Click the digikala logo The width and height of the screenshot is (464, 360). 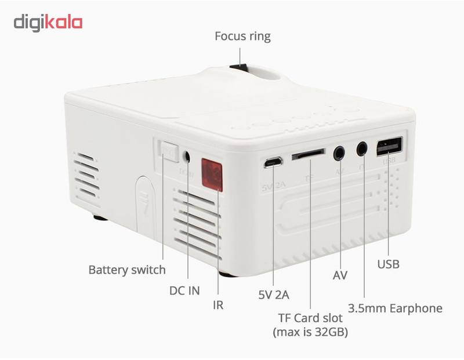48,23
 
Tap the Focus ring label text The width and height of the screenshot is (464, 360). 242,37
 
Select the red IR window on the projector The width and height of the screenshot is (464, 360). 212,173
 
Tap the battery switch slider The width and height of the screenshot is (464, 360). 169,153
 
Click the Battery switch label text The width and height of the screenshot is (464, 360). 126,270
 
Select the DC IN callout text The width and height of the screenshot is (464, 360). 184,290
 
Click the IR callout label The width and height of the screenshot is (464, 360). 218,305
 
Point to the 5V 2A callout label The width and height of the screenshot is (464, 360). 274,294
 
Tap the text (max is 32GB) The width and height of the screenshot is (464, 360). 310,333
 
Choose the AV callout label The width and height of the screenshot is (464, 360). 340,275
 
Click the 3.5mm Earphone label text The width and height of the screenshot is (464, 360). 395,308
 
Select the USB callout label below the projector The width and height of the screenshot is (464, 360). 388,264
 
